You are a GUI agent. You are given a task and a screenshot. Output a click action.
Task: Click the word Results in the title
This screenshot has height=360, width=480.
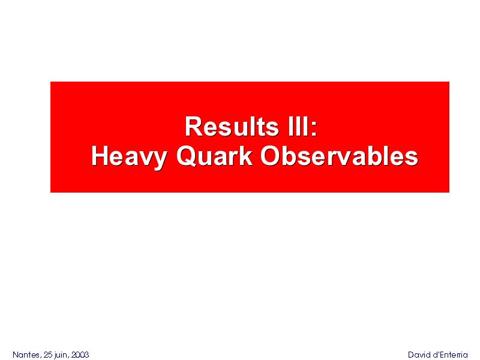[x=232, y=127]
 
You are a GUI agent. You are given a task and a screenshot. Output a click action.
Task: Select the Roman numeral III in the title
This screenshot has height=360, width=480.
[x=298, y=127]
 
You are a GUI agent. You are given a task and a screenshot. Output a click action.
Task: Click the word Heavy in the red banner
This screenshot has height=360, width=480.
[x=129, y=157]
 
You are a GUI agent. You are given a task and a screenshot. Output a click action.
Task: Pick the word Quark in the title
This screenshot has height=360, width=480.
[x=215, y=156]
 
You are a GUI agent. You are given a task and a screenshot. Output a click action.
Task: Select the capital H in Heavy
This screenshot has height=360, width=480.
[x=100, y=156]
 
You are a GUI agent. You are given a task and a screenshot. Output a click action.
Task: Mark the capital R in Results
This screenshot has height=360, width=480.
[x=194, y=127]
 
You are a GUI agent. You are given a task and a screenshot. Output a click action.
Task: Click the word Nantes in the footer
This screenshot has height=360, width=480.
[x=26, y=355]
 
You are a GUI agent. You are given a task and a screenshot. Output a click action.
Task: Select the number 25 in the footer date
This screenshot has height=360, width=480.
[x=49, y=355]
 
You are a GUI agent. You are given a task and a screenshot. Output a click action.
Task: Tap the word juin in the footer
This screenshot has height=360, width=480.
[x=61, y=355]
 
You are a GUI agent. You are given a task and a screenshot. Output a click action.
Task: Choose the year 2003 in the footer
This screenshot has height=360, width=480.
[x=80, y=355]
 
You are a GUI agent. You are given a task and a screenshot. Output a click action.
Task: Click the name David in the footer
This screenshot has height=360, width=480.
[x=418, y=355]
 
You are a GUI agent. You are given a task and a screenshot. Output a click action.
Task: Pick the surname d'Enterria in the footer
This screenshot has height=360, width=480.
[x=449, y=355]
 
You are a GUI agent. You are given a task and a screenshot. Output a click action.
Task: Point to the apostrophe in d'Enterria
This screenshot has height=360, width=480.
[x=437, y=353]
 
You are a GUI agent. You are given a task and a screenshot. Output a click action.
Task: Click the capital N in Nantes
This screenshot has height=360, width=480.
[x=16, y=355]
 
